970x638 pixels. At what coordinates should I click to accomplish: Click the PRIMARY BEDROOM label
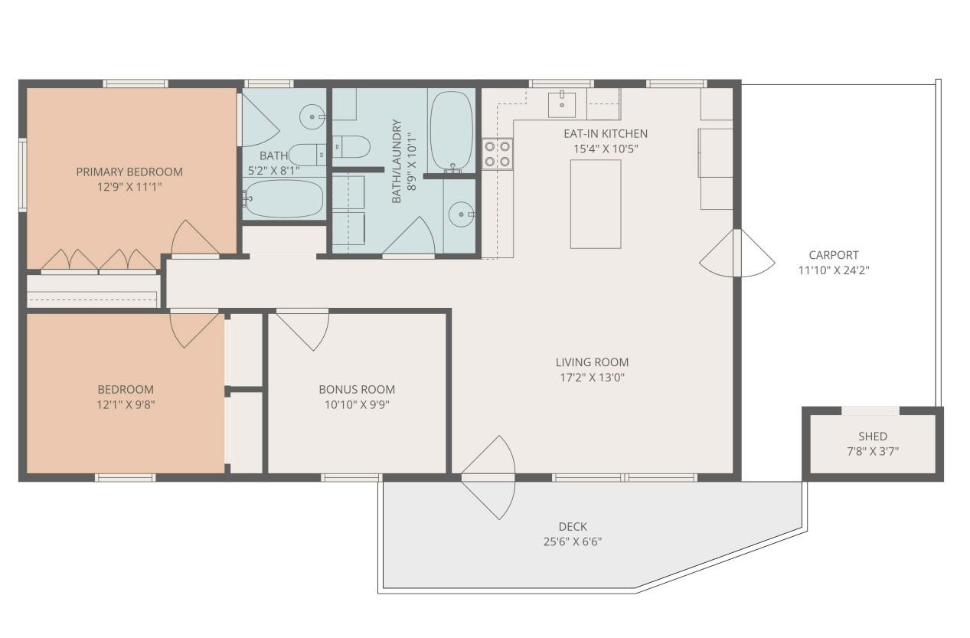pyautogui.click(x=129, y=172)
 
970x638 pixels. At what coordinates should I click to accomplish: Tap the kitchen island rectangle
pyautogui.click(x=595, y=204)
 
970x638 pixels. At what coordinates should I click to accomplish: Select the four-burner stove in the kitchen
pyautogui.click(x=497, y=152)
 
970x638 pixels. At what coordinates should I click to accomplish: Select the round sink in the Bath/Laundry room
pyautogui.click(x=461, y=214)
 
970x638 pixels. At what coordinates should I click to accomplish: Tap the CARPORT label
pyautogui.click(x=833, y=255)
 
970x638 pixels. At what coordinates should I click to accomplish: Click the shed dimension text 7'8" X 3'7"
pyautogui.click(x=872, y=451)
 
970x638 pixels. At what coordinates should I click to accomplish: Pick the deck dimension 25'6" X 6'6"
pyautogui.click(x=573, y=541)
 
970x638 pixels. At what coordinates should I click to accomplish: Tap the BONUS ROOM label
pyautogui.click(x=357, y=389)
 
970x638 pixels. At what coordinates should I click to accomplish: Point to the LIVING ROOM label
pyautogui.click(x=592, y=362)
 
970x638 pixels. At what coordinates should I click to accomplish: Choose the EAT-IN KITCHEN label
pyautogui.click(x=605, y=133)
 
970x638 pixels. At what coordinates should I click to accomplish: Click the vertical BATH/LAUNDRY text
pyautogui.click(x=397, y=161)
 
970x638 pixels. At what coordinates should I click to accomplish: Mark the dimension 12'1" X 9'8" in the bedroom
pyautogui.click(x=125, y=404)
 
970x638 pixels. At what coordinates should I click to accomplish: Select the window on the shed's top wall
pyautogui.click(x=870, y=411)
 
